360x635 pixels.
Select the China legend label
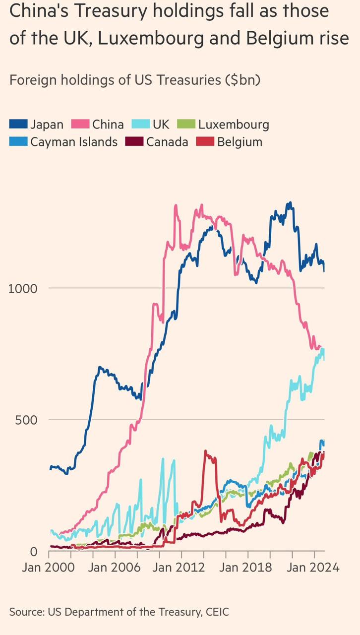(x=108, y=124)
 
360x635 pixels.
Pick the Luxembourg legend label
(x=234, y=124)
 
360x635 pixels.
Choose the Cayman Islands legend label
(x=74, y=142)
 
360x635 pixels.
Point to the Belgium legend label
(x=240, y=142)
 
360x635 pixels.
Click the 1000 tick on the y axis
(x=23, y=288)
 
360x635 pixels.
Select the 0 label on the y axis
(x=33, y=551)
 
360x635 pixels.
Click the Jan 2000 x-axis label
(x=48, y=568)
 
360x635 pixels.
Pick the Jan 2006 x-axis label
(x=115, y=568)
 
